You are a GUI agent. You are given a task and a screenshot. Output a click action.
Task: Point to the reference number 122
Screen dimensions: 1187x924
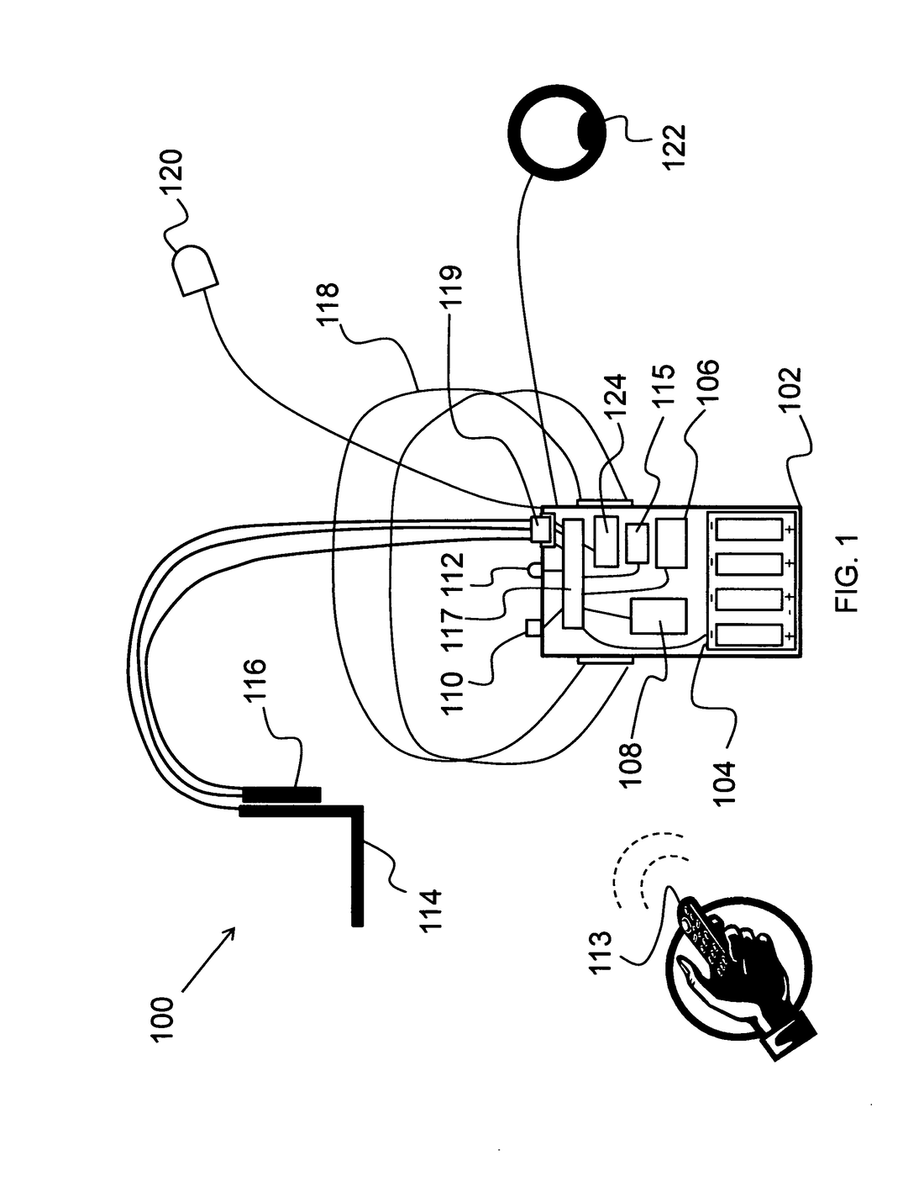click(674, 147)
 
